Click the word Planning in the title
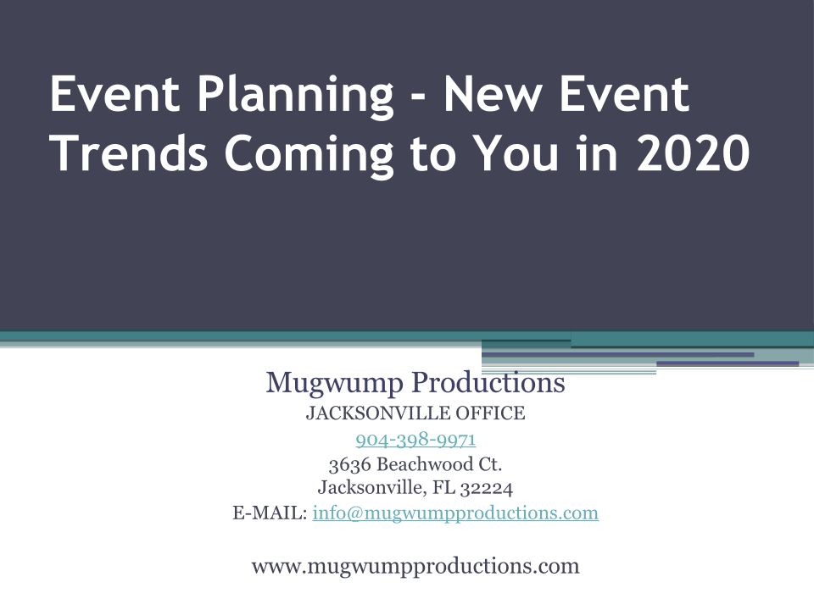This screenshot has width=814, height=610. coord(296,97)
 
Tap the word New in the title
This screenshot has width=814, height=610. coord(489,94)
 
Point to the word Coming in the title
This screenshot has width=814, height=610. coord(309,154)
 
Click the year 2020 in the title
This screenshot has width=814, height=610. coord(693,152)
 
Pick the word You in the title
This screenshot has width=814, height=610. coord(517,152)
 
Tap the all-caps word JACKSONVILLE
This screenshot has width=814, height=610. coord(378,413)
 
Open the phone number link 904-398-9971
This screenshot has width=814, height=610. coord(415,440)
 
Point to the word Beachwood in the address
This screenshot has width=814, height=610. coord(425,463)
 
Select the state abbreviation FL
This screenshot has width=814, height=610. coord(443,488)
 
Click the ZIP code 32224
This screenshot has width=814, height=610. coord(487,489)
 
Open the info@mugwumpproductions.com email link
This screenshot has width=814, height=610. coord(455,513)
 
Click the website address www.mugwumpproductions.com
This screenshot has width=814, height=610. coord(415,566)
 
